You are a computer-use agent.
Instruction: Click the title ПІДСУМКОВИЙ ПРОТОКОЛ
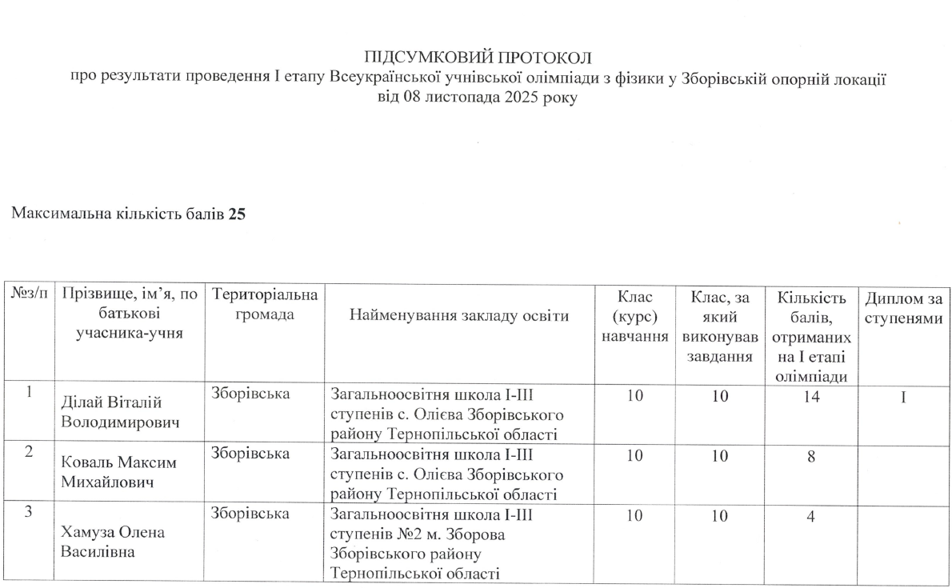click(477, 58)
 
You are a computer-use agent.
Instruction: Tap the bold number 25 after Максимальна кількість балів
click(236, 214)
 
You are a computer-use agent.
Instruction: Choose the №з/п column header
click(30, 296)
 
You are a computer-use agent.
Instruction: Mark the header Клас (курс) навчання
click(635, 316)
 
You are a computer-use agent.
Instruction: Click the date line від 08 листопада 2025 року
click(477, 98)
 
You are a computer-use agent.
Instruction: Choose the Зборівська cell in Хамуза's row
click(250, 514)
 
